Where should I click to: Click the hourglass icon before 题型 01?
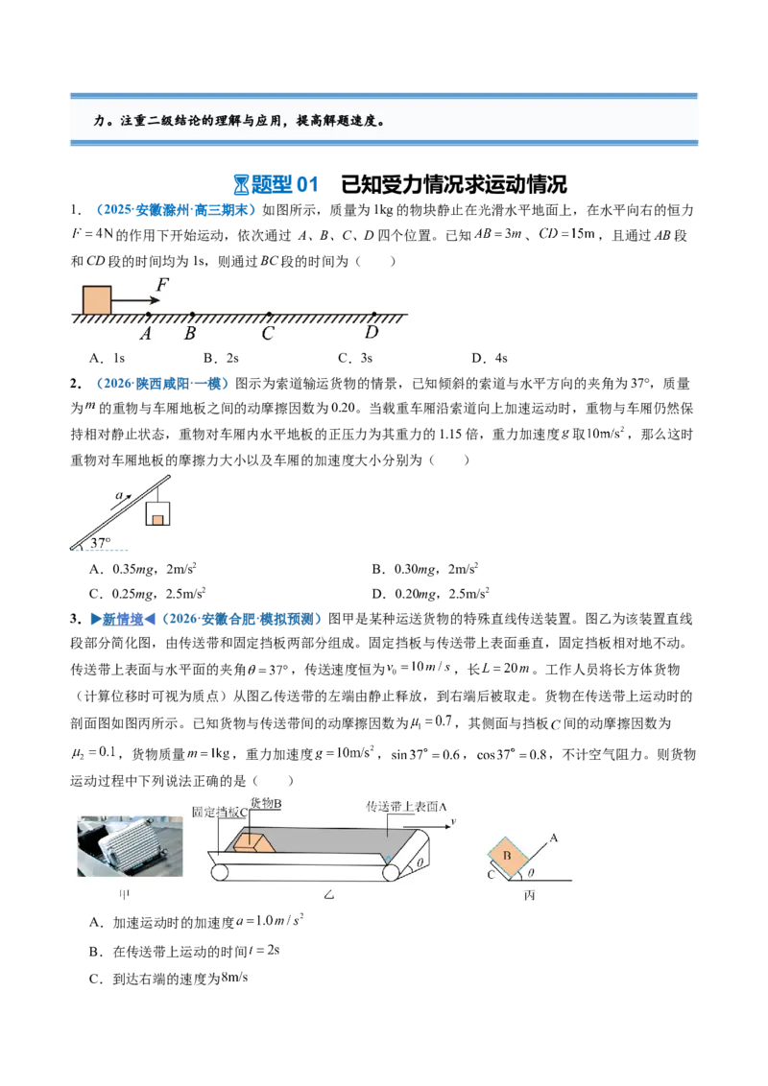coord(241,185)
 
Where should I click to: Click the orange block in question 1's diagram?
coord(97,300)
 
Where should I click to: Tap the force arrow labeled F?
coord(136,300)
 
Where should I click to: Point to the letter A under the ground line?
coord(146,334)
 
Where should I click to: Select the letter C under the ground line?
coord(268,334)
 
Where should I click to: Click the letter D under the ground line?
coord(372,333)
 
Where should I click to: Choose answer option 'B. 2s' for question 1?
coord(221,358)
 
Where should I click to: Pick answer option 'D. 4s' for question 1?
coord(490,358)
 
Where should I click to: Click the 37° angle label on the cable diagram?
coord(101,543)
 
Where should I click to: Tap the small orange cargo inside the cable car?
coord(158,519)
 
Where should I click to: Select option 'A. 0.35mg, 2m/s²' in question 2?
coord(143,569)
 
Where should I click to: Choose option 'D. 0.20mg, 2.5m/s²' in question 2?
coord(430,594)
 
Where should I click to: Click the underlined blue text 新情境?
coord(123,619)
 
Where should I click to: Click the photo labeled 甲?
coord(130,846)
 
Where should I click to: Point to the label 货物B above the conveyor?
coord(266,803)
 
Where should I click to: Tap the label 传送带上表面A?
coord(406,807)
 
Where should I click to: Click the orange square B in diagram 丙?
coord(508,856)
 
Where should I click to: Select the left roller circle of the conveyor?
coord(220,872)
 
